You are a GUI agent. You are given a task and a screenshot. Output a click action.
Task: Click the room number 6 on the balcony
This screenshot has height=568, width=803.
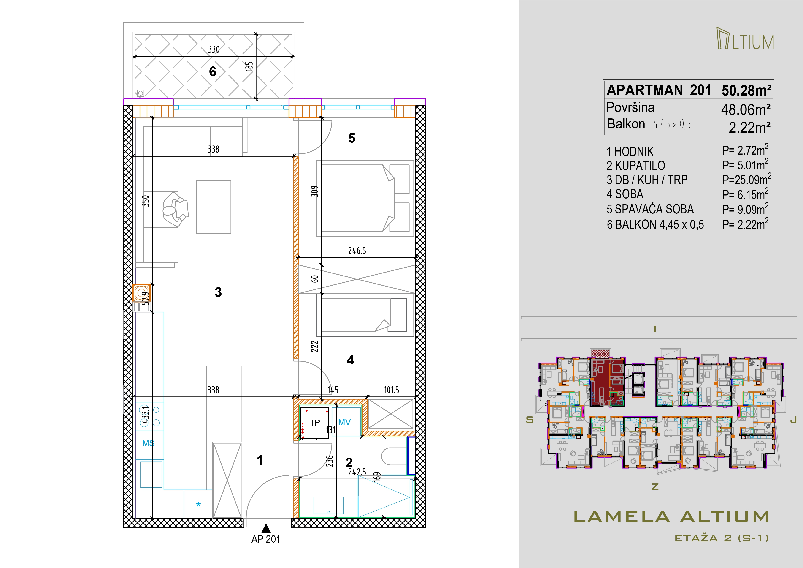(x=213, y=72)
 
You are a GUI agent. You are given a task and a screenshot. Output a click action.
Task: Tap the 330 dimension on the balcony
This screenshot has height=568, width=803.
(x=214, y=49)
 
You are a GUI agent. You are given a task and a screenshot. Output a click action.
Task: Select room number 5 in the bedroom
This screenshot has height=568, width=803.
(x=352, y=138)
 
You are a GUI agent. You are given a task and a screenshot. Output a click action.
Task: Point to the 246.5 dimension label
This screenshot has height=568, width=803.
(x=357, y=251)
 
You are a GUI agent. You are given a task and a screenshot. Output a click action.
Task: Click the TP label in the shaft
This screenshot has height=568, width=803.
(x=315, y=422)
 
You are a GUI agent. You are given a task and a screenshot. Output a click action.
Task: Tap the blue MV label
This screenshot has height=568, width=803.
(x=344, y=422)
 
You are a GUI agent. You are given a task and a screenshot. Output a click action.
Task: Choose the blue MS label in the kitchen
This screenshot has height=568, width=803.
(x=148, y=443)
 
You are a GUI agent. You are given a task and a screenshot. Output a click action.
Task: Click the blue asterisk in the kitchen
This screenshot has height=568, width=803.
(x=198, y=505)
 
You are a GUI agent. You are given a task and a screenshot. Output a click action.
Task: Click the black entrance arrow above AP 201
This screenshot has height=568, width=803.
(x=266, y=528)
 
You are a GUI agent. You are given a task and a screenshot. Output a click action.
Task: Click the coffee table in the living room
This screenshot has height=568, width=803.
(x=214, y=207)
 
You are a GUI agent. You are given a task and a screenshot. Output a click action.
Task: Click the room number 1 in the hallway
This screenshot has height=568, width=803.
(x=260, y=460)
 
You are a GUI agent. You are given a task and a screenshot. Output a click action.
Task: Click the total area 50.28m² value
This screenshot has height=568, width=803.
(x=746, y=91)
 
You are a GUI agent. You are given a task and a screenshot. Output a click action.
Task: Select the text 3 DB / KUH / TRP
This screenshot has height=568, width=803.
(x=647, y=180)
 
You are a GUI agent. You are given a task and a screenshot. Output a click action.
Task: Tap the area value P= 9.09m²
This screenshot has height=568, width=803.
(x=745, y=209)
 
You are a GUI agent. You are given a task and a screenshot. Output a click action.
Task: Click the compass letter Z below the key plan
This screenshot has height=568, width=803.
(x=655, y=486)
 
